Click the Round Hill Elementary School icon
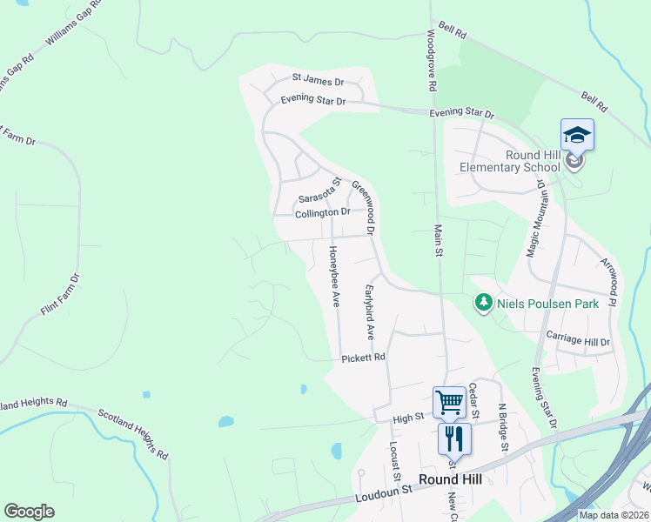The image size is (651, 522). [577, 135]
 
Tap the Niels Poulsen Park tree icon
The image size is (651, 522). [483, 304]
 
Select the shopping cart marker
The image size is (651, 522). [449, 402]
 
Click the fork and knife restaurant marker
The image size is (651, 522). [453, 438]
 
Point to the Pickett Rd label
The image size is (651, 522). [363, 358]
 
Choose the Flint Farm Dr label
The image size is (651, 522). [60, 295]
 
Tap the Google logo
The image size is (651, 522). [29, 512]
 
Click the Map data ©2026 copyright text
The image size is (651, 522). [614, 514]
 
